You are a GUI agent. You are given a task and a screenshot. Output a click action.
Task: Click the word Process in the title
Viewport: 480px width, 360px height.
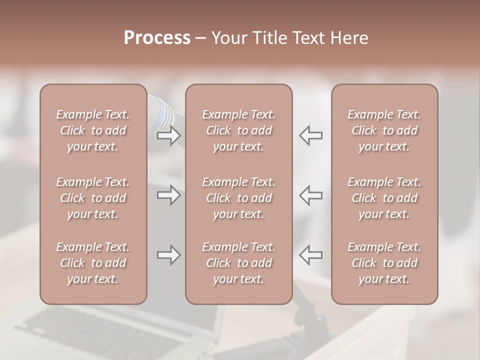[x=157, y=38]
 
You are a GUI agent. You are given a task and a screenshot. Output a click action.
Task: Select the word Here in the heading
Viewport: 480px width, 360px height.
[x=348, y=38]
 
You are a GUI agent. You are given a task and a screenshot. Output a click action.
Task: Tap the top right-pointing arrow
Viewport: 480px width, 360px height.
[x=168, y=135]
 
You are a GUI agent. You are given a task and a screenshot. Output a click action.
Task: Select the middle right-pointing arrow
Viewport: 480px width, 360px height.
[x=168, y=194]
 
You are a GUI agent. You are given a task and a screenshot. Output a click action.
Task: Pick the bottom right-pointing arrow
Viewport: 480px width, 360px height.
[x=168, y=255]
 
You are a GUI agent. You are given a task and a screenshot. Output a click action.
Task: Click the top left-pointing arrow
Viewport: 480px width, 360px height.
[x=311, y=135]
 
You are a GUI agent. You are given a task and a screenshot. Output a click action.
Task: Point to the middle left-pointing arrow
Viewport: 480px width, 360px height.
[x=311, y=194]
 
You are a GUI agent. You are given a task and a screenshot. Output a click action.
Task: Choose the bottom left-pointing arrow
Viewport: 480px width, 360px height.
[x=311, y=255]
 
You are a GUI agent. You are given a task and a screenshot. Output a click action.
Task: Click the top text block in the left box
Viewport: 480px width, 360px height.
[x=93, y=130]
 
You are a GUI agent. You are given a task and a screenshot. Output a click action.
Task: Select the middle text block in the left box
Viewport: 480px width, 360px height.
[x=93, y=198]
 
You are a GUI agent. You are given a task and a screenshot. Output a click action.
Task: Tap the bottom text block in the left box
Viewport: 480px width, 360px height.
[x=93, y=263]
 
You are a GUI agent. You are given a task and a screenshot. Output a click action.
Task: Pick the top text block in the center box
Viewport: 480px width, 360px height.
[x=238, y=130]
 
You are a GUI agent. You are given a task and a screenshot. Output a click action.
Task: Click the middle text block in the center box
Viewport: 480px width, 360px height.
[x=238, y=198]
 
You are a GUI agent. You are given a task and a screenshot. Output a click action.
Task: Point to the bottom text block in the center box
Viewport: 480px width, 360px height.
[x=238, y=263]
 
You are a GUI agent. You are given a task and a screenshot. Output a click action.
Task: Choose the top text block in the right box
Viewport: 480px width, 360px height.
[x=384, y=130]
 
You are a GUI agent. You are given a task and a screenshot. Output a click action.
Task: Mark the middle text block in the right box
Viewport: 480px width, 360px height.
[x=384, y=198]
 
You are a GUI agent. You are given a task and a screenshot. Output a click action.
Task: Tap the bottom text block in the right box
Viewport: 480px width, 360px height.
[x=384, y=263]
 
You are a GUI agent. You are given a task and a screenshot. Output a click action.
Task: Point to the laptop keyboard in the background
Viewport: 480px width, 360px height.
[x=100, y=335]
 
